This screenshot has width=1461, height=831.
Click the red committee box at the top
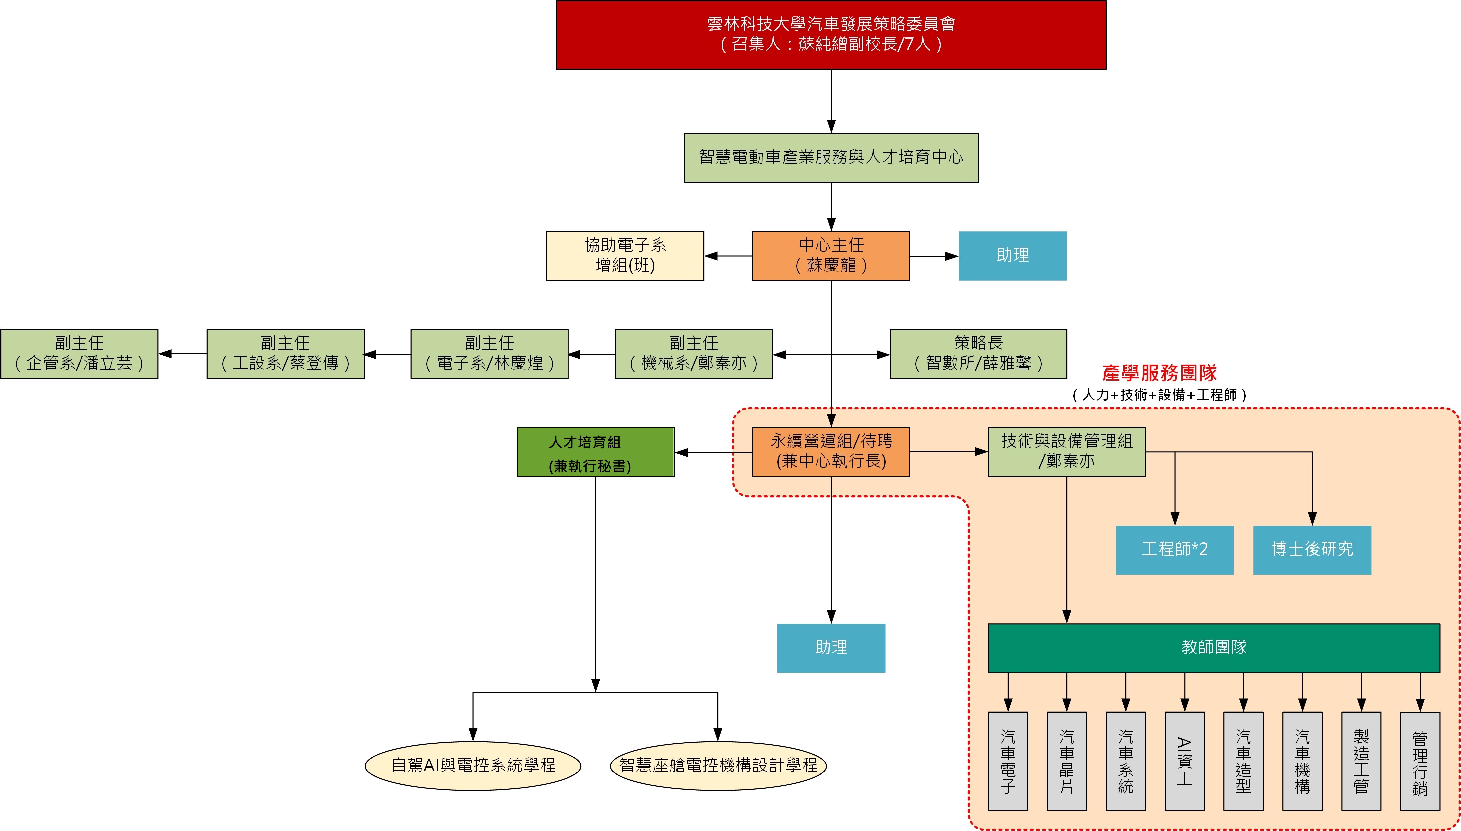[x=831, y=35]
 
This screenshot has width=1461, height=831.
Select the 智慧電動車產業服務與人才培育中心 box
[x=831, y=158]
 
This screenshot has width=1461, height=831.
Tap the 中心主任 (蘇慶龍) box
[x=831, y=256]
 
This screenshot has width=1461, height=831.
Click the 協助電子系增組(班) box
[x=625, y=256]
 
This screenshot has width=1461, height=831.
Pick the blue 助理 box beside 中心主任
[x=1012, y=256]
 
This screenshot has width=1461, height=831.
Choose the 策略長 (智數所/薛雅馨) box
[x=978, y=354]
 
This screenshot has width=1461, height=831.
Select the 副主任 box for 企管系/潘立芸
[x=80, y=354]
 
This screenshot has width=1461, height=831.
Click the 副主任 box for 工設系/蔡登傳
[x=285, y=354]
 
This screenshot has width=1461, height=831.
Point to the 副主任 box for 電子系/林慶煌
[x=489, y=354]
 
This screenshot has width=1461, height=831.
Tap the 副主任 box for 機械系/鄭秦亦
[x=693, y=354]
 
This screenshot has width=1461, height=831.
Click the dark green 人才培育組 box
[x=595, y=452]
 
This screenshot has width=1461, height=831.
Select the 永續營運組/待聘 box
[x=831, y=452]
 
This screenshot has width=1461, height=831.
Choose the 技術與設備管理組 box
[x=1066, y=452]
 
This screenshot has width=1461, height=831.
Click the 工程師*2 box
[x=1174, y=550]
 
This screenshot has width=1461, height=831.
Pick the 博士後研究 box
[x=1312, y=550]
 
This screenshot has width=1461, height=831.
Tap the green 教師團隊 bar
[x=1214, y=648]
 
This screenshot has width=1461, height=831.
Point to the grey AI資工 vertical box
[x=1184, y=761]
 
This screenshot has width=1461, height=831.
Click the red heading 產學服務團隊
[x=1159, y=373]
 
